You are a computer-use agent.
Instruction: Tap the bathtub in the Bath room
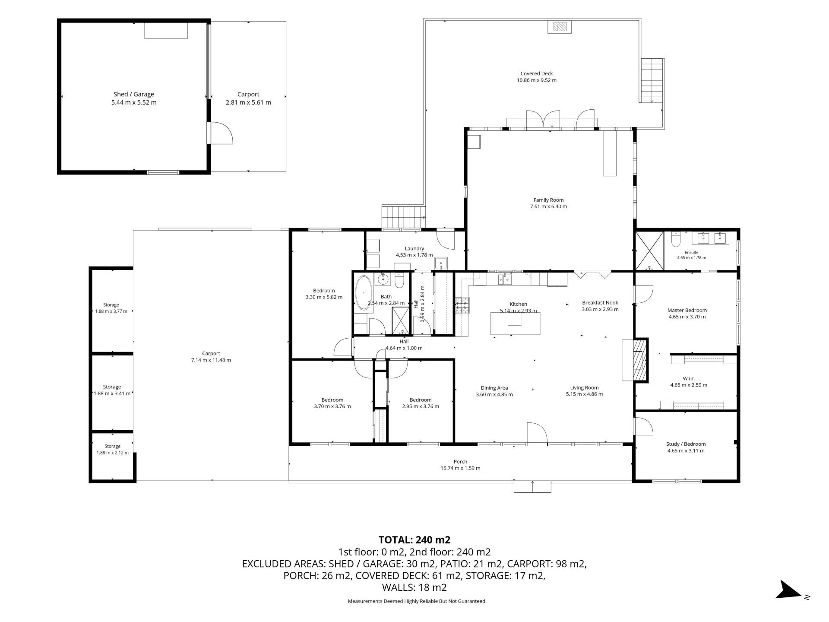364,292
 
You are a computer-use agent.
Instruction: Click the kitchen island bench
515,323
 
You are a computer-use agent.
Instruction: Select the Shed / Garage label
134,94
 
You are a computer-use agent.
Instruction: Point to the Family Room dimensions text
548,206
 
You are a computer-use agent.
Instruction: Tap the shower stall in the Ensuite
649,251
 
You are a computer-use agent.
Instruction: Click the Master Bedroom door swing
643,294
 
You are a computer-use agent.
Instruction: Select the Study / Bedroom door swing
643,425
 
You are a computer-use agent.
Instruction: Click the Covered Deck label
537,73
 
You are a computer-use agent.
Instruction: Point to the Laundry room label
414,248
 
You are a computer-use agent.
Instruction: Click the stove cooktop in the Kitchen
462,305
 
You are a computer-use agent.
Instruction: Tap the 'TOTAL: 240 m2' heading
414,540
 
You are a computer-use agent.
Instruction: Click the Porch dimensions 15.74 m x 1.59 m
460,468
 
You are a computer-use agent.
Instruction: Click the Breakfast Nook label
600,303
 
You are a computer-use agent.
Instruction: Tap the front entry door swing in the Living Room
537,433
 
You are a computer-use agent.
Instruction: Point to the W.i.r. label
689,378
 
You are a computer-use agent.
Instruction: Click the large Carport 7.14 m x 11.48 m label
211,357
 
